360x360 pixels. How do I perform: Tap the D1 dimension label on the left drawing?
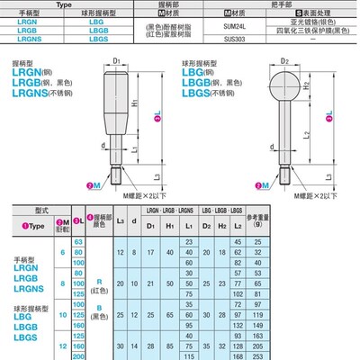click(119, 60)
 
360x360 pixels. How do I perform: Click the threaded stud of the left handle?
click(118, 170)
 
